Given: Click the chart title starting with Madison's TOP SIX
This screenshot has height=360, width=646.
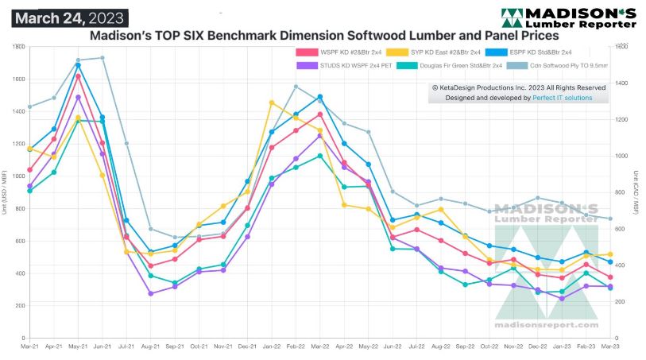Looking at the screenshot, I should point(323,36).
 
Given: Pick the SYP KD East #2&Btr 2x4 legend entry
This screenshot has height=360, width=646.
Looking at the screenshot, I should point(441,52).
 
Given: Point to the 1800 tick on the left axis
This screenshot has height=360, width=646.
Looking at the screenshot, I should point(15,47).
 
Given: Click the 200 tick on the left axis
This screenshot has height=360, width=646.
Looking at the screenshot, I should point(17,306).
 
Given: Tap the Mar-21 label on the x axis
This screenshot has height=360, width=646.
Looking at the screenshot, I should point(29,346).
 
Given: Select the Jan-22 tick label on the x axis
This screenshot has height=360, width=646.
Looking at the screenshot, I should point(272,346).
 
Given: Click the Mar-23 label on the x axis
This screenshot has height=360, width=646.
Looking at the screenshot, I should point(610,346).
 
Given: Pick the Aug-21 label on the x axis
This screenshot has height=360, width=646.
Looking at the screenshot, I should point(151,346).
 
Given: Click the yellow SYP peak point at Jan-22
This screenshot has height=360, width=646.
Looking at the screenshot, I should point(272,103).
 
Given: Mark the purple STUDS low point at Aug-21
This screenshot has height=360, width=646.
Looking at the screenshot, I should point(151,293).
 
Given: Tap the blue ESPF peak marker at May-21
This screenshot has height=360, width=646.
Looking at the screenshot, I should point(78,66).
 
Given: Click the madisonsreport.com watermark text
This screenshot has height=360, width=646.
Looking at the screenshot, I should point(546,325).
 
